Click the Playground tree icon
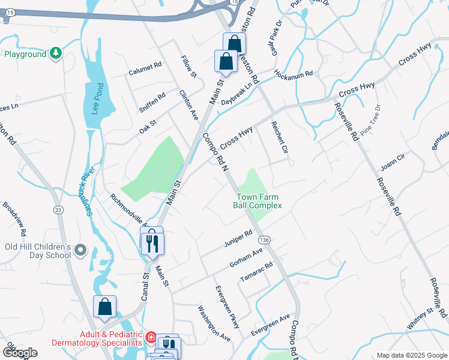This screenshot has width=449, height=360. pos(56,54)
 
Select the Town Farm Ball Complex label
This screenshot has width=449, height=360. pos(258,201)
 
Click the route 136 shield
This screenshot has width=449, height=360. pos(265,239)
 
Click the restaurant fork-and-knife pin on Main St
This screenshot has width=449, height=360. pos(152,242)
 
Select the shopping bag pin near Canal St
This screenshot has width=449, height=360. pos(104,307)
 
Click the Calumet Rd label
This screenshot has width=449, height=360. pos(145,71)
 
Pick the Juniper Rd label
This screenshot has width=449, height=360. pos(238,238)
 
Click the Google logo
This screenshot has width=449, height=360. pos(19,353)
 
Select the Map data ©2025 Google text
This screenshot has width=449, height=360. pos(411,355)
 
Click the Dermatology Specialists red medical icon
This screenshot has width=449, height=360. pos(150,338)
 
